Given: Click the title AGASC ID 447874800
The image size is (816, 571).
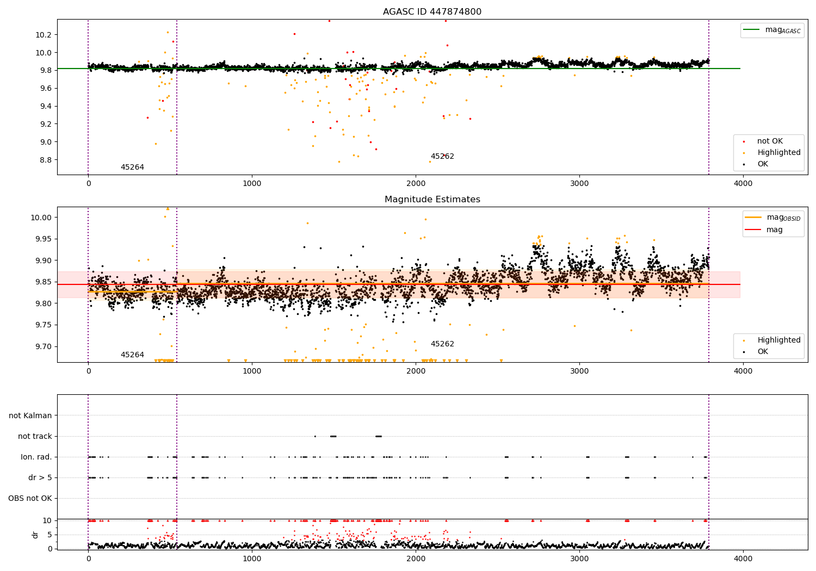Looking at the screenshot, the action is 432,11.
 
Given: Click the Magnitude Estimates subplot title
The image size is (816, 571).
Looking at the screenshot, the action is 432,199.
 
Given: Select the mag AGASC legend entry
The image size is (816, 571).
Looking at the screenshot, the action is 772,30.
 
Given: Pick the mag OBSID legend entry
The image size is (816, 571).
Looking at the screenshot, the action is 773,218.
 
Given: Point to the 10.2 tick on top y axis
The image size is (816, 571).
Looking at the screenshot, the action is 44,35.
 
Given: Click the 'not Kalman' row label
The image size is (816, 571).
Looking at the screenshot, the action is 30,415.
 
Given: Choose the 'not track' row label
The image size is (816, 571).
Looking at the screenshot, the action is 35,436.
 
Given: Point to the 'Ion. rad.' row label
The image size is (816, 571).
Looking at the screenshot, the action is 36,457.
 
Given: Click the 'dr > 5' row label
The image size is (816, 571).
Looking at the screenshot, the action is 40,477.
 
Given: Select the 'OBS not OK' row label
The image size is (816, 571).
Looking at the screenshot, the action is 30,498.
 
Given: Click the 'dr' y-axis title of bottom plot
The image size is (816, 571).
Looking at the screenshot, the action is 35,535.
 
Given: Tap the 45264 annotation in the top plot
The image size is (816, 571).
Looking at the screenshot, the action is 132,167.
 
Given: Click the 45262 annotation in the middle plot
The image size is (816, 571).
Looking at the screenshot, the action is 442,344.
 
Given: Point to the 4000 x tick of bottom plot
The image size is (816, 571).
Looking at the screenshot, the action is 743,558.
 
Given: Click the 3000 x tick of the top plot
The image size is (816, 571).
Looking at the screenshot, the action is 579,183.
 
